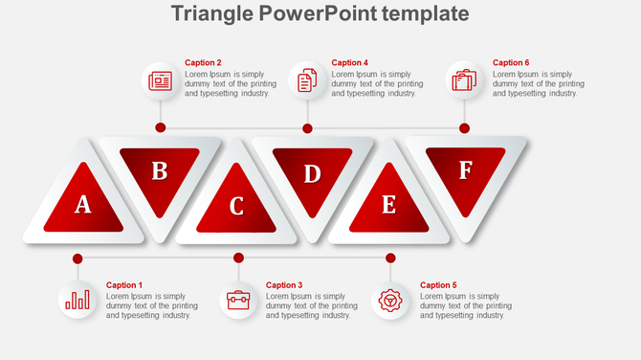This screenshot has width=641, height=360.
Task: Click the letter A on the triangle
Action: (x=83, y=204)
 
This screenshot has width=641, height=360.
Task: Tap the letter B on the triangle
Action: (x=160, y=171)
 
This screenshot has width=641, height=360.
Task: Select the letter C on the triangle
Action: (x=236, y=206)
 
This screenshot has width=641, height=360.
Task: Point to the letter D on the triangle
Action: (x=312, y=173)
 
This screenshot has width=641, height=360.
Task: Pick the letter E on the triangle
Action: (x=388, y=205)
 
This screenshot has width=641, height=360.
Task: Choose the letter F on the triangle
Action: (x=465, y=170)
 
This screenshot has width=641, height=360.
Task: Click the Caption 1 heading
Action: (x=124, y=285)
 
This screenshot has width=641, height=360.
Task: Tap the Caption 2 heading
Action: (x=203, y=63)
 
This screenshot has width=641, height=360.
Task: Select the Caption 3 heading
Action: (x=284, y=285)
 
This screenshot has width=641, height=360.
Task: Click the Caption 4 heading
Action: (x=350, y=63)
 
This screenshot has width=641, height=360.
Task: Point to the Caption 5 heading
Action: (x=438, y=285)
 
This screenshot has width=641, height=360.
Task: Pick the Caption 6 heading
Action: (x=511, y=63)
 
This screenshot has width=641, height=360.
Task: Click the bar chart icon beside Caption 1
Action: (x=77, y=301)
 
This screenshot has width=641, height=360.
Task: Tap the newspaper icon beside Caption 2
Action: (x=160, y=81)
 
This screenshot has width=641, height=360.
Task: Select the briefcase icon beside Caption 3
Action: (x=238, y=301)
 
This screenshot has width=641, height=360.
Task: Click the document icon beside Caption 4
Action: (x=307, y=81)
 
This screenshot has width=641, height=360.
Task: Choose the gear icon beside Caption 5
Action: (x=390, y=301)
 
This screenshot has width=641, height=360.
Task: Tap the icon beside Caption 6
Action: (x=465, y=80)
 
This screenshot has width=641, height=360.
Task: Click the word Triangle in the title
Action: (x=213, y=13)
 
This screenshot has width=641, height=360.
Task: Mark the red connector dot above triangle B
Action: (x=161, y=127)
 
